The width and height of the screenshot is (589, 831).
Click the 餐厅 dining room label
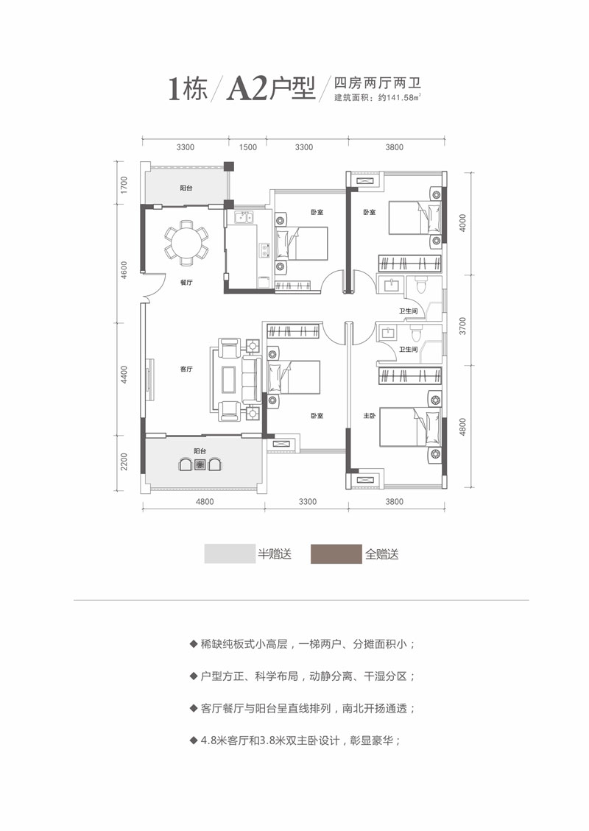tap(186, 282)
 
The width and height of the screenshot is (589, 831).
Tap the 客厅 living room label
tap(186, 370)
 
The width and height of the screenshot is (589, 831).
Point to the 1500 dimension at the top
tap(249, 148)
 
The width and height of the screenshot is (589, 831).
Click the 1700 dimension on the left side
tap(126, 184)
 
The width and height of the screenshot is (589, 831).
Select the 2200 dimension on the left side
tap(126, 462)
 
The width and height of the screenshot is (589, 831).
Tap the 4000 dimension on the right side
tap(463, 223)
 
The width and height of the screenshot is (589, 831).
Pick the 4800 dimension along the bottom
tap(204, 503)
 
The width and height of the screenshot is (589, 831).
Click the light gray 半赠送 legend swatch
tap(228, 554)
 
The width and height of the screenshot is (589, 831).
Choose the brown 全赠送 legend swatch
tap(336, 554)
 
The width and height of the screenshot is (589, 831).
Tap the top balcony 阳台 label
tap(187, 188)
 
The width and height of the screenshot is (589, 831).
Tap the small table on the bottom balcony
tap(199, 464)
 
